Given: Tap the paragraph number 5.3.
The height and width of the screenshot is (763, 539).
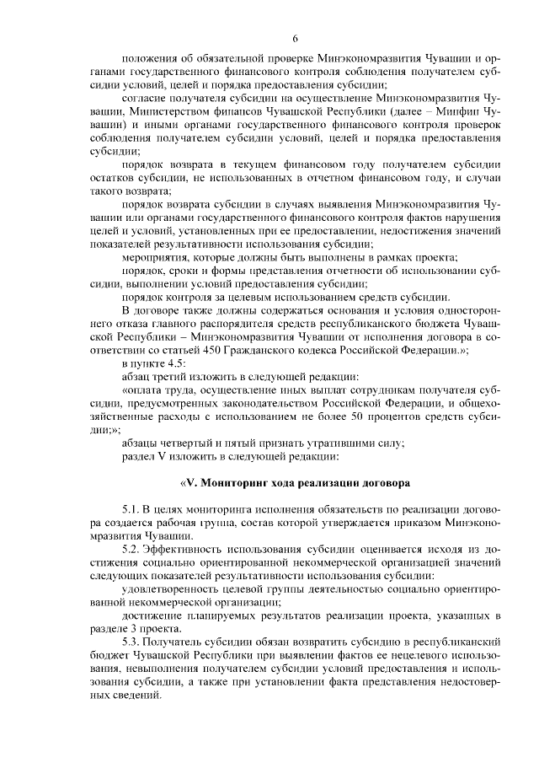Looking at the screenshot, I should click(x=132, y=642).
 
